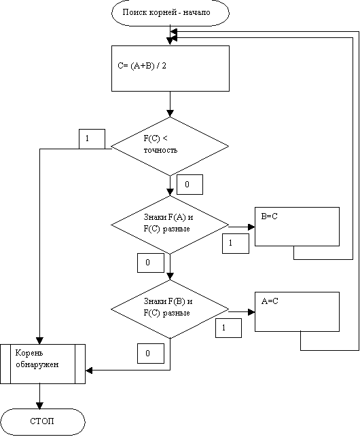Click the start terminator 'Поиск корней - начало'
pos(170,13)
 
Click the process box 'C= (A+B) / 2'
pos(170,69)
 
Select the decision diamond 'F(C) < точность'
pos(170,147)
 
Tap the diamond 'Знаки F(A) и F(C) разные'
pos(170,225)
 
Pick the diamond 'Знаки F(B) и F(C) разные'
pos(170,309)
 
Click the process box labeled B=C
pos(297,227)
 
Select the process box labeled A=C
pos(297,311)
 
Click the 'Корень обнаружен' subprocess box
pos(43,364)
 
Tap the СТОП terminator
pos(42,422)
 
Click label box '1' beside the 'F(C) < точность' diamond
pos(92,139)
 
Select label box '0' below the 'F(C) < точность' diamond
pos(190,185)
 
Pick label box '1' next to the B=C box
pos(236,244)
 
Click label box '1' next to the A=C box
pos(228,328)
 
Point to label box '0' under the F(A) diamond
pos(151,263)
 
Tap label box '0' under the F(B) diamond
pos(151,354)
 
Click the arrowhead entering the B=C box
pos(251,227)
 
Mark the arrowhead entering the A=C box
pos(251,312)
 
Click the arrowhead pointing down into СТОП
pos(39,406)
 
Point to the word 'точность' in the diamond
pos(160,150)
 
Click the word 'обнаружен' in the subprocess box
pos(37,364)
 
